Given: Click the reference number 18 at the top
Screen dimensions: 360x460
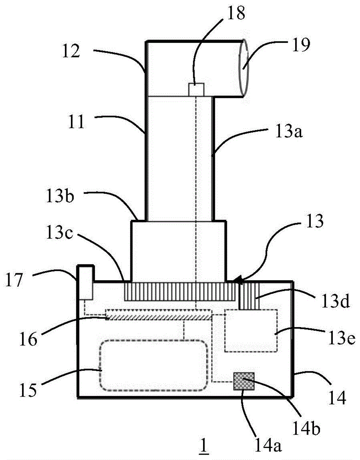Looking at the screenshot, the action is (x=236, y=13).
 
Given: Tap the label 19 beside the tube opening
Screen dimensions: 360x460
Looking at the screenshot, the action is (x=301, y=45).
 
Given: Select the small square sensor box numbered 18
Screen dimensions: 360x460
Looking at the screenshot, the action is (x=196, y=90).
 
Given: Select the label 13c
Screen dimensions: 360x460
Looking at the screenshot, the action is (x=59, y=234).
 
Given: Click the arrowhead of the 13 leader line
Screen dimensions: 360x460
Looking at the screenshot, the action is (x=237, y=281).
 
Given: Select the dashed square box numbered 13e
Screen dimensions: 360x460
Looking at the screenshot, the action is (x=251, y=331).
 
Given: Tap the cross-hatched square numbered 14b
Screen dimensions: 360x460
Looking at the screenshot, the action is (x=244, y=381).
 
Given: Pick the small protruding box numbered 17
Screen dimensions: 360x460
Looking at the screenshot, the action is (x=85, y=282).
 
